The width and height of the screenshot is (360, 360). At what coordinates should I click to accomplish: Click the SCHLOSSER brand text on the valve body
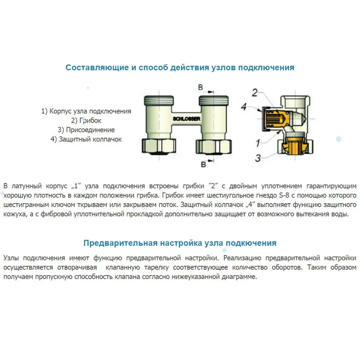186,119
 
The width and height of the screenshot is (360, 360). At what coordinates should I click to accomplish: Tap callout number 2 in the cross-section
255,93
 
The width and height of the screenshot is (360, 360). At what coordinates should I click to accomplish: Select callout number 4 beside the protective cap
244,107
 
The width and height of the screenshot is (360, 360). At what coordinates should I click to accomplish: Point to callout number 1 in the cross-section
257,143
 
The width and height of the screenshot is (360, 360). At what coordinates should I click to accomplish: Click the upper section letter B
201,87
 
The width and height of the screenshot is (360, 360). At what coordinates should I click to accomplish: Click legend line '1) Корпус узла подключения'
86,111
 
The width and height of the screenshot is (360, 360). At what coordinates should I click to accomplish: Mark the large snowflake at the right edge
339,140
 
